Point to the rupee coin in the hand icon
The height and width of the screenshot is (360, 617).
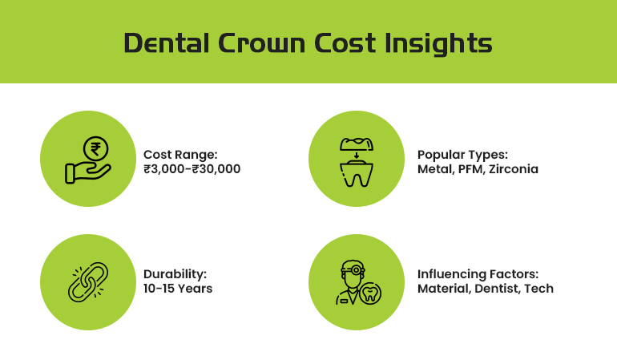[96, 148]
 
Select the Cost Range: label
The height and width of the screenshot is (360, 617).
[180, 154]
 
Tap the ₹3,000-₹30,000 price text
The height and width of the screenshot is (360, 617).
[192, 169]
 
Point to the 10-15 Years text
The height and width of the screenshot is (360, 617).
[178, 288]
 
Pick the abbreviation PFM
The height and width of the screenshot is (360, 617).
[471, 169]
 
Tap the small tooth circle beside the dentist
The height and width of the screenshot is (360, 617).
[369, 293]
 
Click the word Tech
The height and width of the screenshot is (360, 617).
[538, 288]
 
